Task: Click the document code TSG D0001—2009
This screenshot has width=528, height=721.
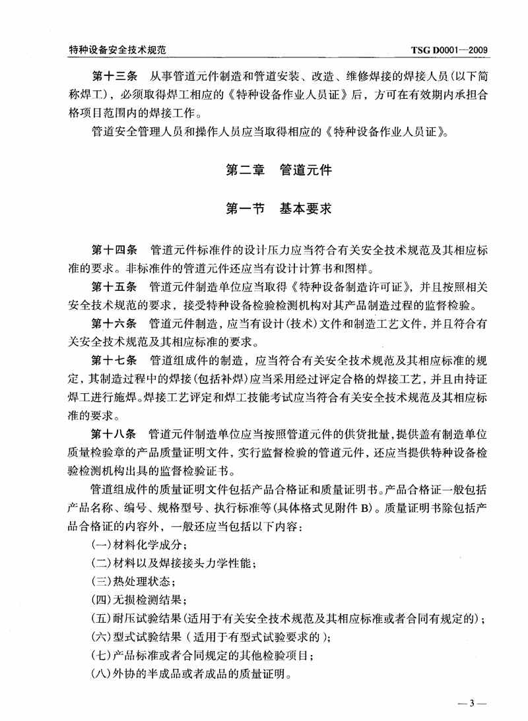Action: coord(448,49)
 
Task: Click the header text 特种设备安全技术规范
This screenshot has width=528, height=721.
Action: coord(116,49)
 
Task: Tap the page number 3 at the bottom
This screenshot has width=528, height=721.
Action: coord(472,703)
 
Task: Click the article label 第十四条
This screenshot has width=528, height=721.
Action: coord(114,251)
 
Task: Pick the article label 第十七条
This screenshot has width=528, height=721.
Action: coord(114,360)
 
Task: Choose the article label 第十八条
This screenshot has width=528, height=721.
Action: coord(114,434)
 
